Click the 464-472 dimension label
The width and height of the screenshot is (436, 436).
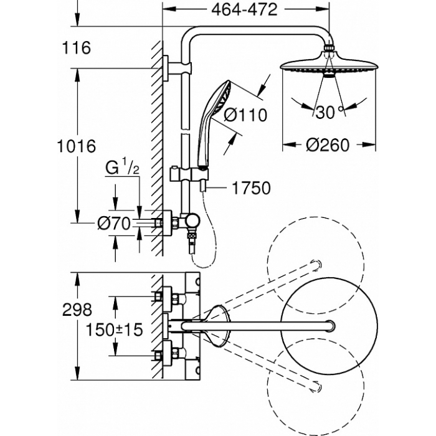coord(244,10)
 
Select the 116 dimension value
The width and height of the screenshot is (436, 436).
coord(77,47)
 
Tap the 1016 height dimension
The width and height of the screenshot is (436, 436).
coord(77,146)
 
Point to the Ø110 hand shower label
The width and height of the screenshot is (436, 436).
coord(245,115)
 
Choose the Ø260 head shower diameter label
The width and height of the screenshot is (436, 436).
coord(328,145)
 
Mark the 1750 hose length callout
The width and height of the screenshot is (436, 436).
coord(251,188)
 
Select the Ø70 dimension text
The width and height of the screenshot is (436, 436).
coord(114,223)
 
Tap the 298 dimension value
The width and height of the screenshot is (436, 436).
coord(77,310)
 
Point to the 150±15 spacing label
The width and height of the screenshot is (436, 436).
coord(114,329)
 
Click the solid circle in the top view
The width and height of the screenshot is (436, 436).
coord(329,326)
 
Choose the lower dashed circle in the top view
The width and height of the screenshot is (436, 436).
coord(316,387)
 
